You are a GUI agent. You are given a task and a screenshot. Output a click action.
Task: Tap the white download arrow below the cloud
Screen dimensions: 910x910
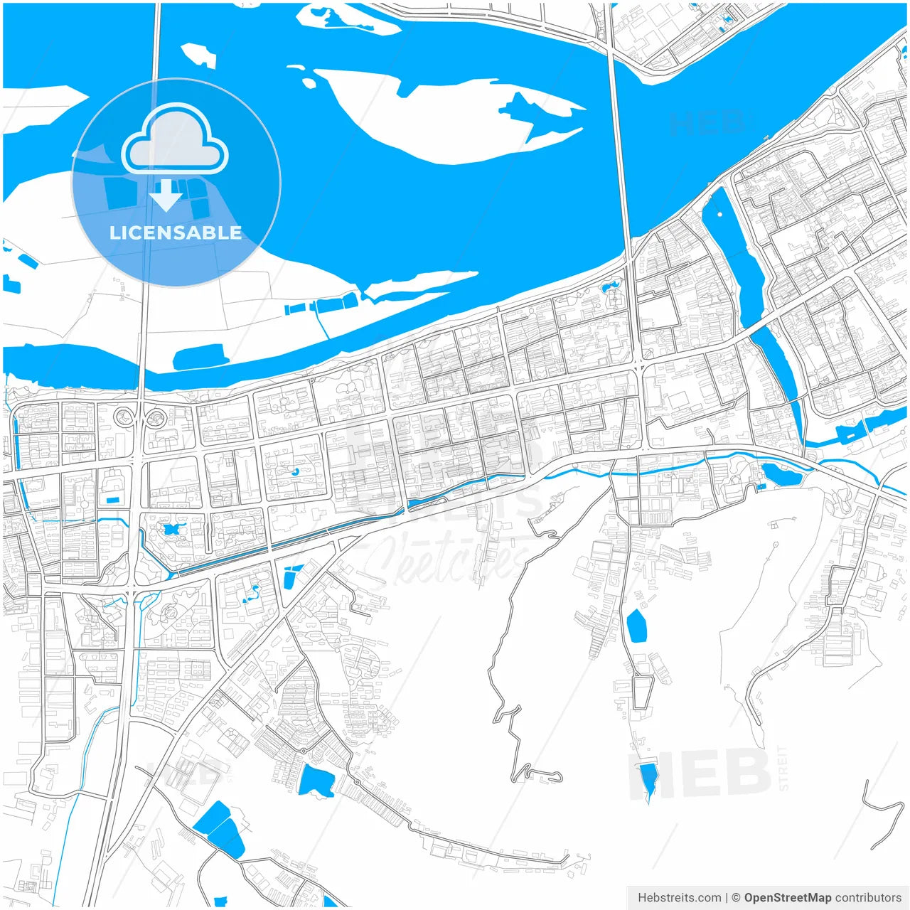(x=166, y=196)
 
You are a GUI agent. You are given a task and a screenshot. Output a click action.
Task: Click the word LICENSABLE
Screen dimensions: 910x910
(x=176, y=232)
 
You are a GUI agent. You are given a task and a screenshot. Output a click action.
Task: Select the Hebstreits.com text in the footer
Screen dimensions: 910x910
(x=679, y=897)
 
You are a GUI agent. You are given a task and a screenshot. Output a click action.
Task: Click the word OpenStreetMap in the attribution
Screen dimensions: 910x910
(x=787, y=897)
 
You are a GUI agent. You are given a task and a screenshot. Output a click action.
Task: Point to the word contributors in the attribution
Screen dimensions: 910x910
(x=868, y=897)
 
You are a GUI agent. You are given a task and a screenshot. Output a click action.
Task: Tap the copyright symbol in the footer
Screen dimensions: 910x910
(x=736, y=897)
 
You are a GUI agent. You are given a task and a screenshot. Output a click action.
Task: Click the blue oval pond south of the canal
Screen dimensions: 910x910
(x=636, y=625)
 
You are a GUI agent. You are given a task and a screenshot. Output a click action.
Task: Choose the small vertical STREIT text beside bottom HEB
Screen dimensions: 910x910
(x=783, y=768)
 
